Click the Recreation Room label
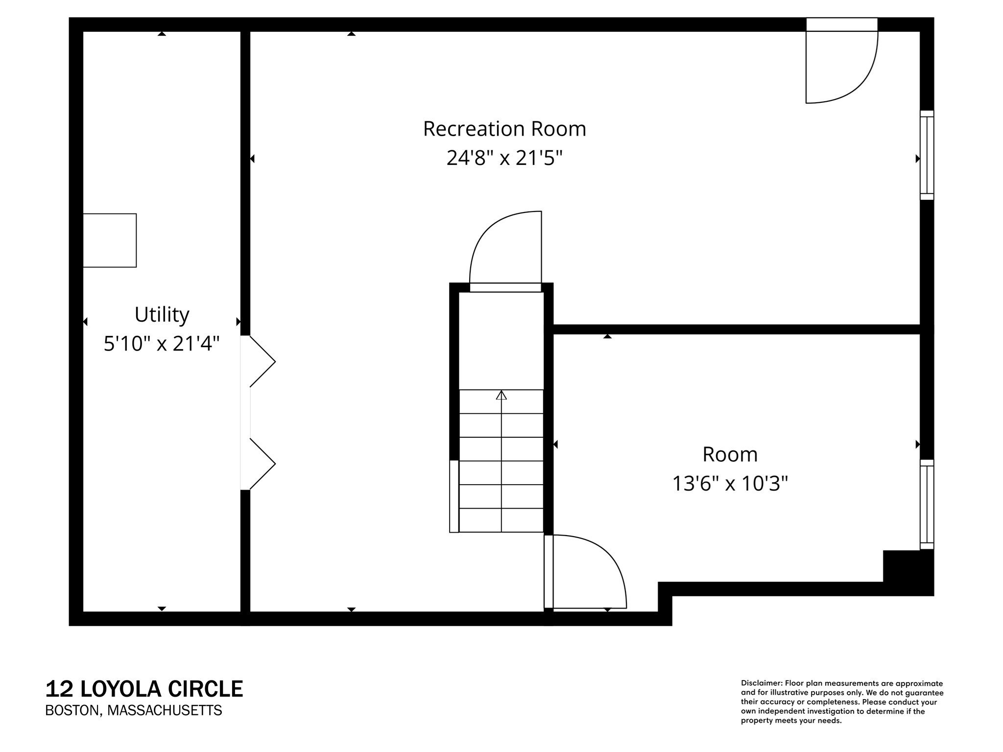coord(504,129)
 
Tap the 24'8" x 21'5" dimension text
coord(504,158)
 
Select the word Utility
coord(162,314)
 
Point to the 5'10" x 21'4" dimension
coord(162,344)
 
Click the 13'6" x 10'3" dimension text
coord(730,484)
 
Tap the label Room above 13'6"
coord(730,454)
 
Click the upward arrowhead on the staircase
coord(501,395)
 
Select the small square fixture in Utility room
coord(110,240)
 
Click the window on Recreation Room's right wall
coord(927,155)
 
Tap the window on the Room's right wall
coord(927,504)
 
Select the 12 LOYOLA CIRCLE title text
coord(144,689)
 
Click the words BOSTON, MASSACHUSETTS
coord(133,710)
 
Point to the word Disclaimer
coord(761,683)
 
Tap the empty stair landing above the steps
coord(501,340)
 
